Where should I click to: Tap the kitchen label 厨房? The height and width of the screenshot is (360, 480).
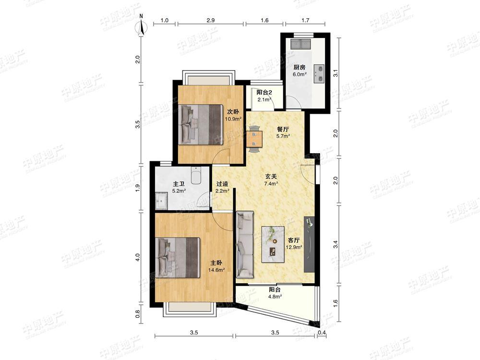300,67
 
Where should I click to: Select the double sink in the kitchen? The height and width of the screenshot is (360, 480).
300,44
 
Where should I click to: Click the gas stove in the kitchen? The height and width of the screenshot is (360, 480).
319,74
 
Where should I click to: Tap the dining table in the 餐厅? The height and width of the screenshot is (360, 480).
254,139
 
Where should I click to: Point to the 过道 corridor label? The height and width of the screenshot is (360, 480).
222,184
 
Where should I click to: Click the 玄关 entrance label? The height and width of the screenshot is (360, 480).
271,176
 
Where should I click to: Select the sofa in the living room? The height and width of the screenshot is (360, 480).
245,244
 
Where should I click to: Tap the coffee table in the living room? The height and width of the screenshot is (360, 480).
274,244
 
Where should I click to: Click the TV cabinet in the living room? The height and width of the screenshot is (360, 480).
309,244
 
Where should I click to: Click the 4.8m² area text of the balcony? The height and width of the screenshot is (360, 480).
275,296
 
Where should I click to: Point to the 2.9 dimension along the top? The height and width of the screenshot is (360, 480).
210,21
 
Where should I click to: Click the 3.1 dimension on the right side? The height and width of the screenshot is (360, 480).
336,73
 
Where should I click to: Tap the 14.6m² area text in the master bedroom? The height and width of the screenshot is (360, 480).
216,270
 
